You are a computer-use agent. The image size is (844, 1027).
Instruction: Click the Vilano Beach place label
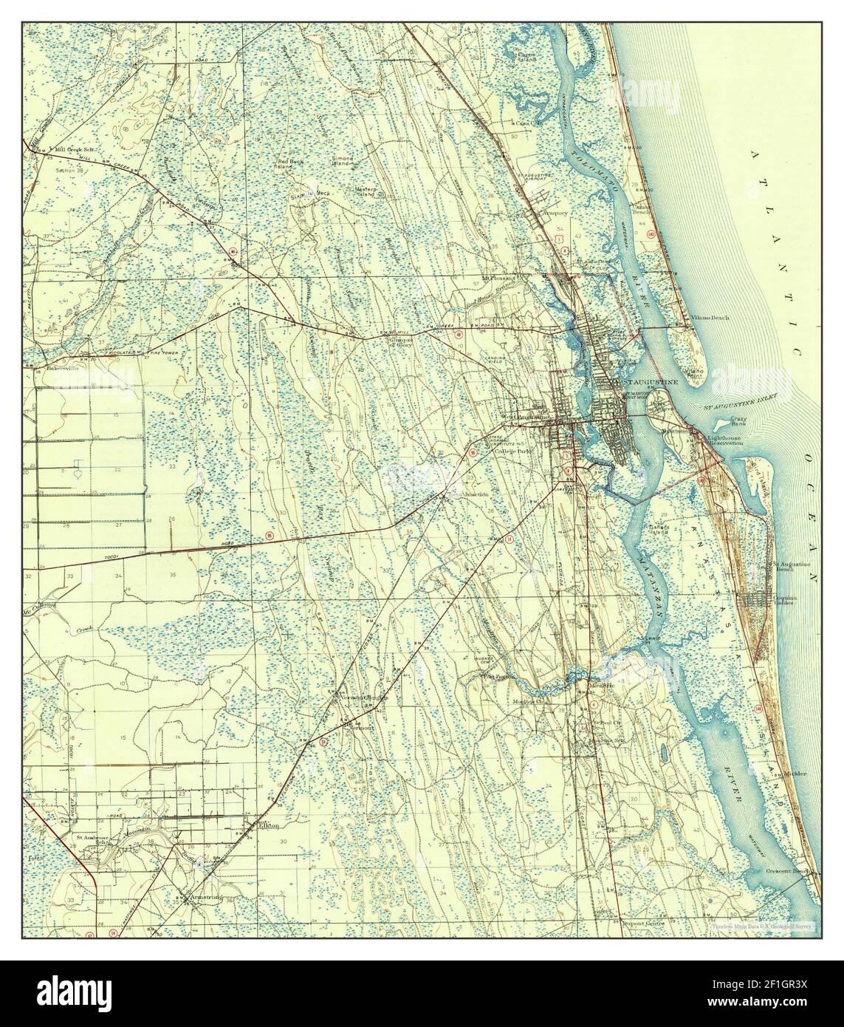point(710,318)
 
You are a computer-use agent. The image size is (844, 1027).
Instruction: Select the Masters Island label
point(366,191)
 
